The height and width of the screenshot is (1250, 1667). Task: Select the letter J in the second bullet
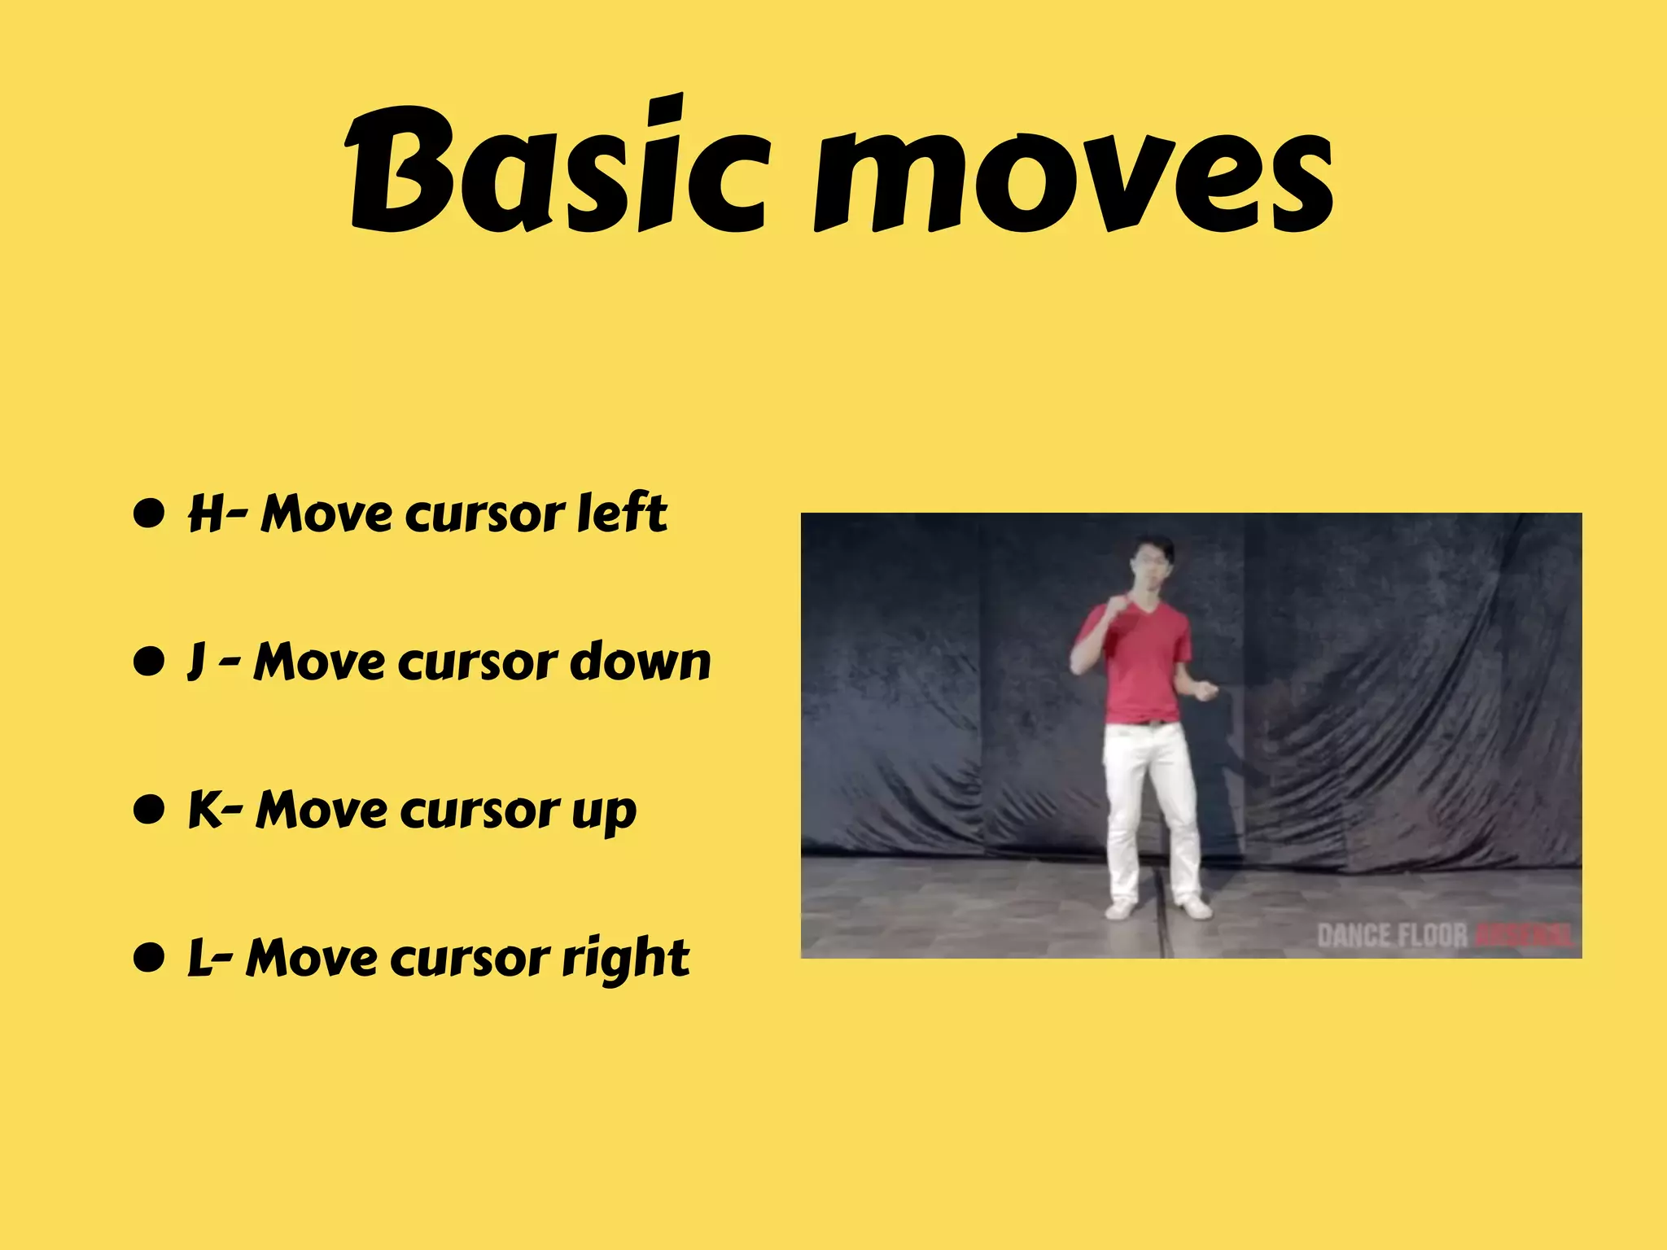(195, 662)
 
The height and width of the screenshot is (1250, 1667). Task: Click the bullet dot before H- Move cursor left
(149, 514)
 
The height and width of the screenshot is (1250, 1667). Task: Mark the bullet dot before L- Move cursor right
(149, 958)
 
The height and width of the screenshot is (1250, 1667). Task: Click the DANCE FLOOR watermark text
(1392, 936)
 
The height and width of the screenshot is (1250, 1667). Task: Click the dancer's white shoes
(1156, 907)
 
